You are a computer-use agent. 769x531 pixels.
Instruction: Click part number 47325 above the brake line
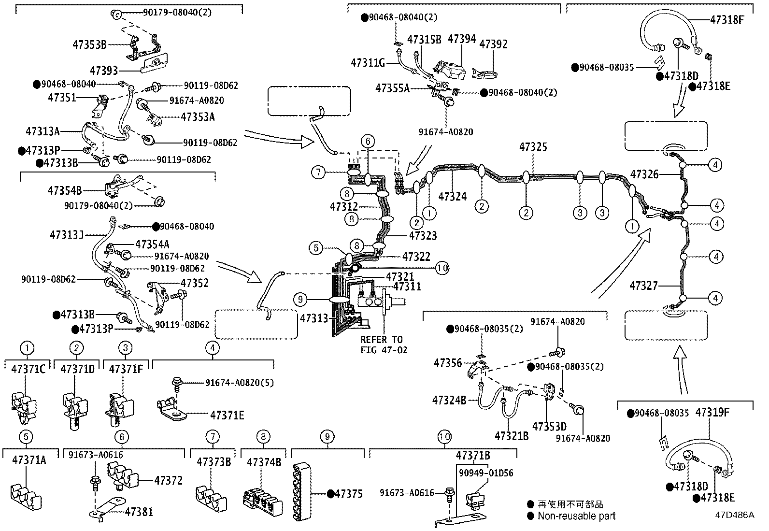(x=533, y=147)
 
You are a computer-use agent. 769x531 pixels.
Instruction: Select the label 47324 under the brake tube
(x=453, y=197)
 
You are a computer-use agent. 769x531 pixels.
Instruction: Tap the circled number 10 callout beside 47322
(x=442, y=267)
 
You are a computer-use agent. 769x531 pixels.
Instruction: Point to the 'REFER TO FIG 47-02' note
(x=384, y=344)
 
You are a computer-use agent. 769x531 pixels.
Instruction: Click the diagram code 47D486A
(x=734, y=515)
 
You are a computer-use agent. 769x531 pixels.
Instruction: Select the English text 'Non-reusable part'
(x=577, y=516)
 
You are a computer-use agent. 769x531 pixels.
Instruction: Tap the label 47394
(x=462, y=39)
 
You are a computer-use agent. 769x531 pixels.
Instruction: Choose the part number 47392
(x=493, y=44)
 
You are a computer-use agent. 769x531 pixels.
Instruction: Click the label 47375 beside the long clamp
(x=349, y=494)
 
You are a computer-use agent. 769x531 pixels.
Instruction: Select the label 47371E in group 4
(x=228, y=415)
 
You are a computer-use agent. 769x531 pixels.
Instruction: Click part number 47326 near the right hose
(x=644, y=174)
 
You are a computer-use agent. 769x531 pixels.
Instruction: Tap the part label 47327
(x=643, y=286)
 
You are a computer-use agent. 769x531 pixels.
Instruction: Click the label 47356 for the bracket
(x=448, y=362)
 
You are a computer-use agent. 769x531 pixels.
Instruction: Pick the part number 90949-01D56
(x=486, y=473)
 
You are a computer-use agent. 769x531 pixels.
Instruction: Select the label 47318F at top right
(x=727, y=20)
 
